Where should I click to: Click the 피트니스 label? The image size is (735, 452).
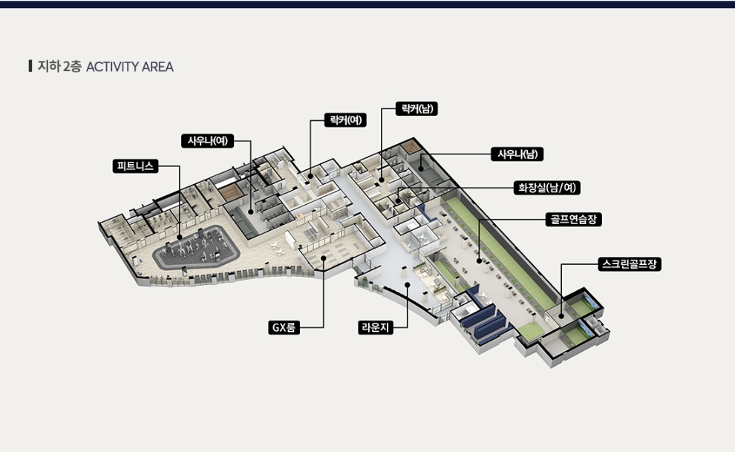(x=135, y=166)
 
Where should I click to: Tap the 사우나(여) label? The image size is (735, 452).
(x=208, y=140)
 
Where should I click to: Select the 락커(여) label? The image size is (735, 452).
(x=345, y=120)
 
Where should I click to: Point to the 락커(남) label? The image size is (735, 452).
(x=416, y=108)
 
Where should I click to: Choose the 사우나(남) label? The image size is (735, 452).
(x=517, y=154)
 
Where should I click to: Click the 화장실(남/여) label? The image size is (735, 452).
(x=547, y=188)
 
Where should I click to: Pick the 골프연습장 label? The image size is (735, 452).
(x=574, y=219)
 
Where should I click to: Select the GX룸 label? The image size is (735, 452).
(x=284, y=327)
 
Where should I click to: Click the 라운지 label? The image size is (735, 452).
(x=376, y=327)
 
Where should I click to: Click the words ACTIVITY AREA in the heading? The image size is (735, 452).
(x=130, y=67)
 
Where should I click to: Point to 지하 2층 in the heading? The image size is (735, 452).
(x=59, y=67)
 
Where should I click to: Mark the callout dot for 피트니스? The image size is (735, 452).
(x=180, y=238)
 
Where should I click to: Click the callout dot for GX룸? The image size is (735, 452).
(x=324, y=258)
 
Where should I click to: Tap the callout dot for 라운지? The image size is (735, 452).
(x=408, y=285)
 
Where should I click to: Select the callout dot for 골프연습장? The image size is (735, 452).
(x=479, y=261)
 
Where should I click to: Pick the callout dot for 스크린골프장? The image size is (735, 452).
(x=561, y=317)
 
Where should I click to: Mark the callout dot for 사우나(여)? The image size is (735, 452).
(x=251, y=212)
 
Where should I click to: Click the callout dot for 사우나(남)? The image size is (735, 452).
(x=421, y=168)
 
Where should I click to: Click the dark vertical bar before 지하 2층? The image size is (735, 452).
(x=30, y=66)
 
